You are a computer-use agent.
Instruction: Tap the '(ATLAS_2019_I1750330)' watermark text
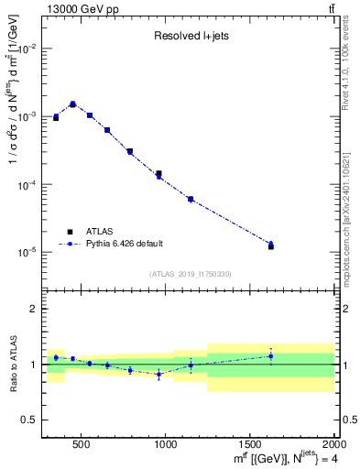(190, 273)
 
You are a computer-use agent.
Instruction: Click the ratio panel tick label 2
(34, 309)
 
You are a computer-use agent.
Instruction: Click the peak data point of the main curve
(72, 104)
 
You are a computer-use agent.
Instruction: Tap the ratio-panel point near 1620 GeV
(271, 356)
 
